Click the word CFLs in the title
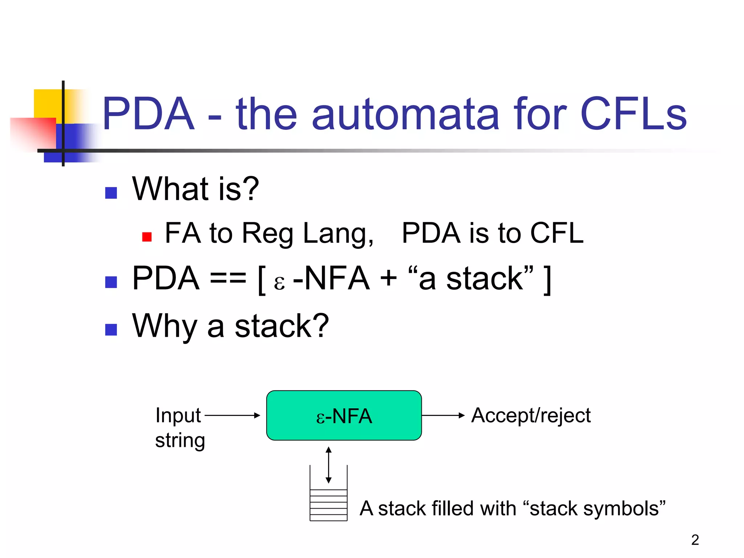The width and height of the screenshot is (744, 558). coord(634,114)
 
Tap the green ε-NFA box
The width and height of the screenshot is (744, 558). coord(344,415)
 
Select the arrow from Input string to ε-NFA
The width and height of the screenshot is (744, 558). coord(232,415)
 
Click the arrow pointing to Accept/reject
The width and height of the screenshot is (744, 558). coord(443,415)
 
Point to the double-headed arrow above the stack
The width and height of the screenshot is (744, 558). coord(328,465)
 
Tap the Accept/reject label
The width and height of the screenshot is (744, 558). coord(531,415)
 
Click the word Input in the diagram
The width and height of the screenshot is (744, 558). coord(178,415)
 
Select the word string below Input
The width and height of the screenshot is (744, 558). coord(180,440)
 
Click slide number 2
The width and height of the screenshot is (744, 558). coord(695,540)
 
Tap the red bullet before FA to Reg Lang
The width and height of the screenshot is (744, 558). coord(147,237)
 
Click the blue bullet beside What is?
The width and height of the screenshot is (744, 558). coord(111,193)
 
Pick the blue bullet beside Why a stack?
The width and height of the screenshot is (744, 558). coord(111,329)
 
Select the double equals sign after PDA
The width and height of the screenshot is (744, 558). coord(228,279)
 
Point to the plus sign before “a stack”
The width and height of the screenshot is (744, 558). coord(388,279)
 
